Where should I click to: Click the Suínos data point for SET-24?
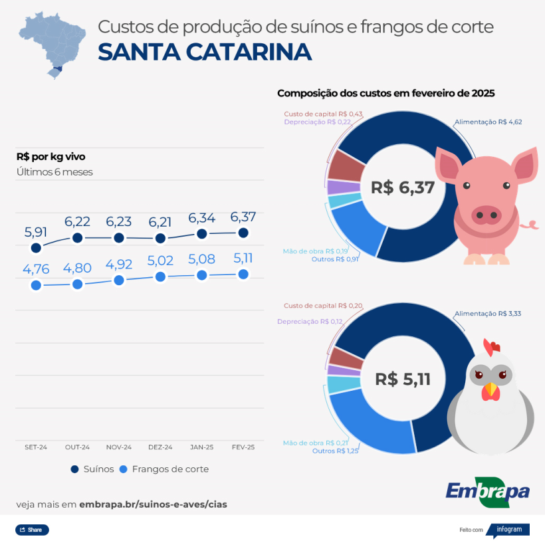pos(36,248)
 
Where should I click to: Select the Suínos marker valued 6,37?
pos(243,233)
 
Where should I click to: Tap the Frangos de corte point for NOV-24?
pos(119,280)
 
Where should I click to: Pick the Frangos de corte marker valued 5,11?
pos(243,274)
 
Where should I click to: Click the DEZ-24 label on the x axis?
pos(160,447)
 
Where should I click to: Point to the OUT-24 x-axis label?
pos(77,447)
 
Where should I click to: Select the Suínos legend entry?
pos(92,469)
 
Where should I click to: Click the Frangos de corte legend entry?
pos(163,469)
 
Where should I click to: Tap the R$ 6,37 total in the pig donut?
pos(403,187)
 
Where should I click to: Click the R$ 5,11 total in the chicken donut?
pos(403,380)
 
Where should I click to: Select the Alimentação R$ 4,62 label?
pos(489,122)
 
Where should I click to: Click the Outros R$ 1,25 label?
pos(336,451)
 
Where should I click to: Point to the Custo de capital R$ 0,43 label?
pos(323,114)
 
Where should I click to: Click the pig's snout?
pos(487,214)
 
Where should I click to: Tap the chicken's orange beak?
pos(490,390)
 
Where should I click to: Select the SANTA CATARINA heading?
pos(204,51)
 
